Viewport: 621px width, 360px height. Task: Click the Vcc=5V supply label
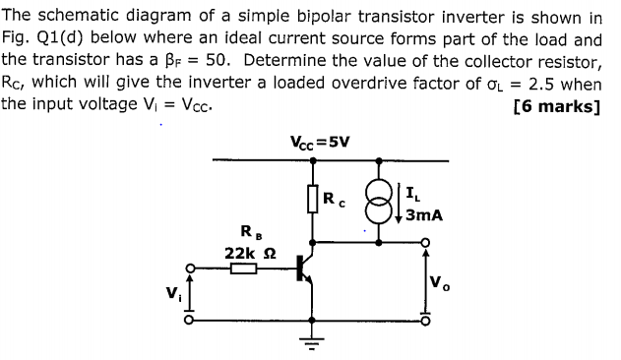320,141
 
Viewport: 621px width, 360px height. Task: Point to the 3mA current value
424,211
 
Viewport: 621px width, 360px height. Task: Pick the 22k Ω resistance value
247,253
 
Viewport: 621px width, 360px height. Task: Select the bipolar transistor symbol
304,270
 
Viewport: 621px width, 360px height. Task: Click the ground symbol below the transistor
313,343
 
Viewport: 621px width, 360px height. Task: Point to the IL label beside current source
413,190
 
